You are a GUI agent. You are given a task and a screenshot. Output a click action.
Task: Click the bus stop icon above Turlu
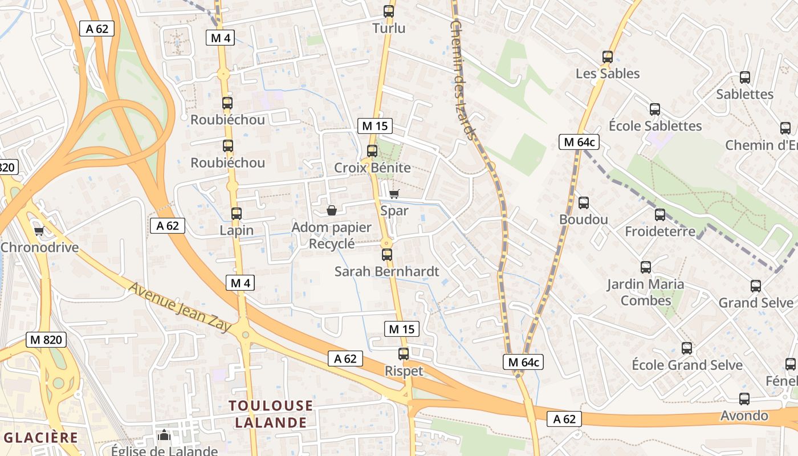tap(389, 11)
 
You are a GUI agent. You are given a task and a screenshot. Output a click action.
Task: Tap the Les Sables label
tap(608, 74)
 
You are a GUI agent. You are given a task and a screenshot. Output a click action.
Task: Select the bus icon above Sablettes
tap(744, 78)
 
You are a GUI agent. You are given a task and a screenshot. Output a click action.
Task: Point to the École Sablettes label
tap(655, 125)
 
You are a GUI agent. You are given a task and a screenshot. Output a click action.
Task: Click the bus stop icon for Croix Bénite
tap(372, 151)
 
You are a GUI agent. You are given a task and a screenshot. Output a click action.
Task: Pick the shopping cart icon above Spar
tap(394, 194)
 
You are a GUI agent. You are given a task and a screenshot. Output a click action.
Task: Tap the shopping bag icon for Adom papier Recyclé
tap(332, 211)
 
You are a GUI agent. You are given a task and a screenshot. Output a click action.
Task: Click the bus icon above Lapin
tap(237, 214)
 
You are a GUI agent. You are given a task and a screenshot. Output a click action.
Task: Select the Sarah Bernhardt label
tap(387, 271)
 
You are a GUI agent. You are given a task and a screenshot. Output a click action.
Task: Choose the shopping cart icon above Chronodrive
tap(39, 231)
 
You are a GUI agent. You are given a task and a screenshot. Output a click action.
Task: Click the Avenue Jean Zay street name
tap(180, 307)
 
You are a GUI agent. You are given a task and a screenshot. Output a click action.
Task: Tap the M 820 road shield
tap(46, 340)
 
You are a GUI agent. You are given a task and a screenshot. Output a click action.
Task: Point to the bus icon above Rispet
tap(404, 354)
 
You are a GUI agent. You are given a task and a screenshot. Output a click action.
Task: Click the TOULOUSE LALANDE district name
tap(271, 414)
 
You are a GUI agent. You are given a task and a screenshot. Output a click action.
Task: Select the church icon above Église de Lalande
tap(164, 435)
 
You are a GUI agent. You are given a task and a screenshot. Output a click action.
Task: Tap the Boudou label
tap(584, 219)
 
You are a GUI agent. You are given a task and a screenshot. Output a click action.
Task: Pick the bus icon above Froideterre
tap(660, 215)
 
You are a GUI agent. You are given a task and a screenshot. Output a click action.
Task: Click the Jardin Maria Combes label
tap(646, 292)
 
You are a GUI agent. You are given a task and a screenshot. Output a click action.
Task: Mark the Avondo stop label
tap(744, 416)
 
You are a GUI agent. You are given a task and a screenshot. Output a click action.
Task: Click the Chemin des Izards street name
tap(462, 80)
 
